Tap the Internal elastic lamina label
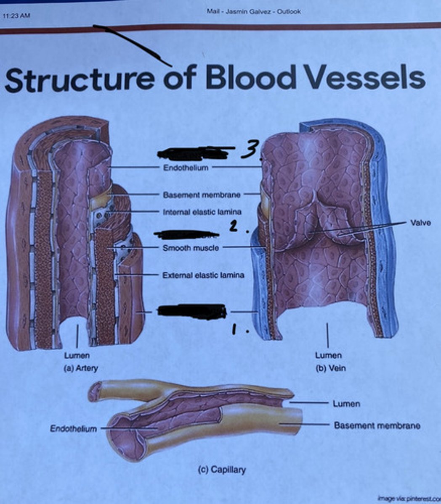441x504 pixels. (x=202, y=212)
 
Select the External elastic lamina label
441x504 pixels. (x=203, y=276)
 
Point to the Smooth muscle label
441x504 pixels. (x=191, y=248)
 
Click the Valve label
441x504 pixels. (x=420, y=223)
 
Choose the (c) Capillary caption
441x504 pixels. (x=222, y=470)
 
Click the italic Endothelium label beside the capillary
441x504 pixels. (x=73, y=429)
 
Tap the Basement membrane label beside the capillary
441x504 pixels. (x=377, y=425)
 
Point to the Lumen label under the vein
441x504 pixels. (x=328, y=356)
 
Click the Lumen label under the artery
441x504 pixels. (x=77, y=356)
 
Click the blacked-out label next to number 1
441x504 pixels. (x=192, y=312)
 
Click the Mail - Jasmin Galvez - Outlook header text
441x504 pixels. (x=253, y=11)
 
